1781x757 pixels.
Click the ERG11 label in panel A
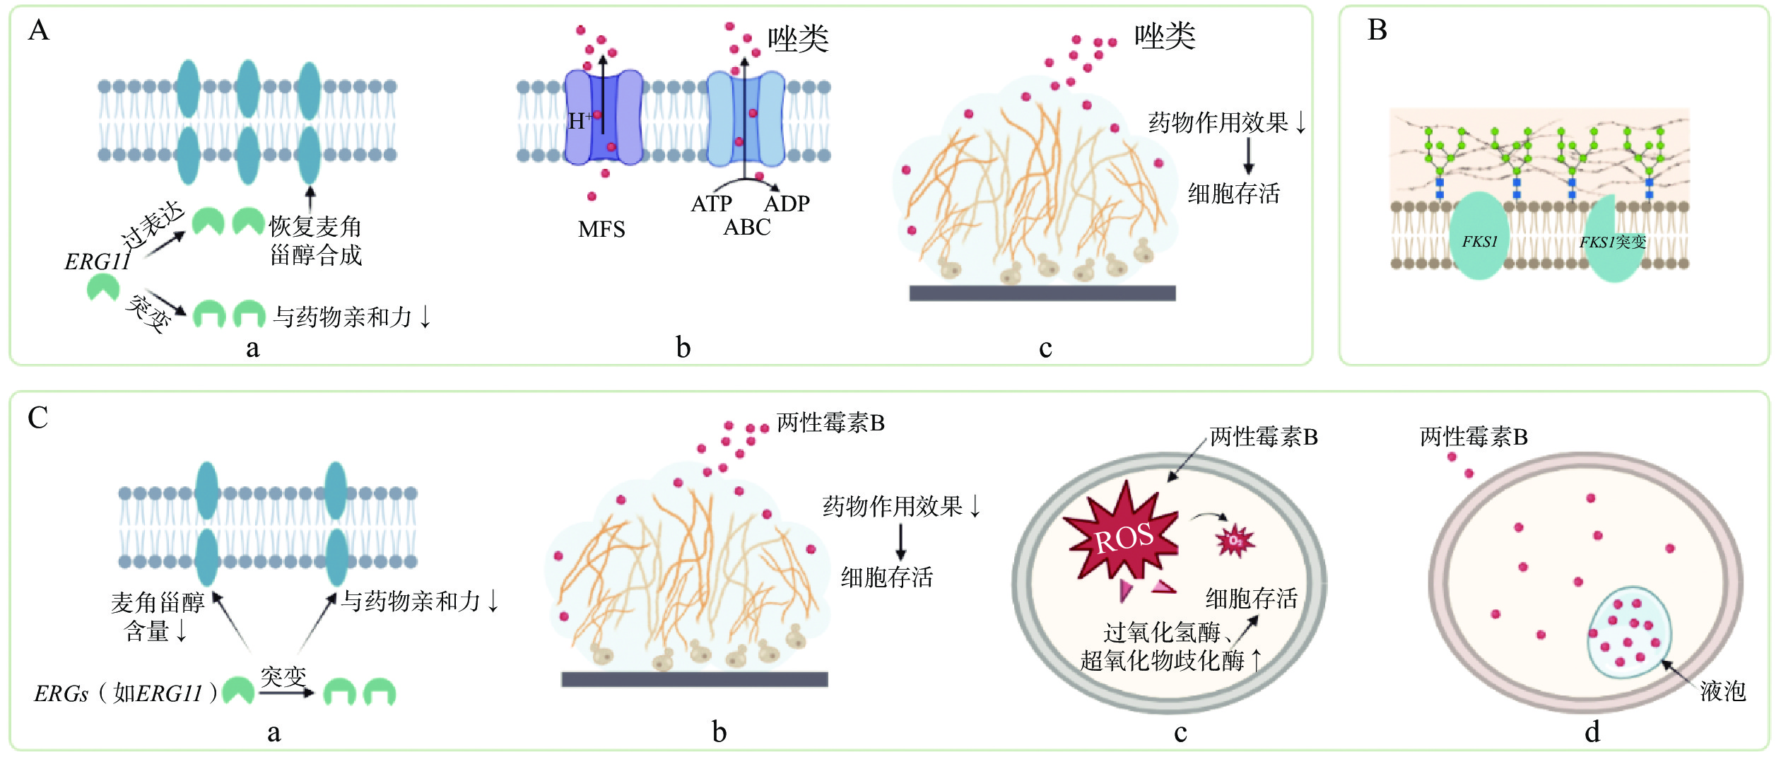pyautogui.click(x=98, y=262)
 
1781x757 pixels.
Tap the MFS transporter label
pyautogui.click(x=601, y=229)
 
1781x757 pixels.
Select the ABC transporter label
pyautogui.click(x=747, y=227)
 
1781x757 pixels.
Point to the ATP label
pyautogui.click(x=711, y=204)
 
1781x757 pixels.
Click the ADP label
pyautogui.click(x=787, y=204)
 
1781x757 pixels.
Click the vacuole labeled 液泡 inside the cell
pyautogui.click(x=1630, y=631)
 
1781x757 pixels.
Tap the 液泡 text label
pyautogui.click(x=1722, y=691)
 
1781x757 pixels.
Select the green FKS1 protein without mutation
pyautogui.click(x=1479, y=236)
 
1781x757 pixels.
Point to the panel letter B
pyautogui.click(x=1377, y=30)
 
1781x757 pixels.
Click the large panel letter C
pyautogui.click(x=38, y=418)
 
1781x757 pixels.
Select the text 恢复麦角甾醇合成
pyautogui.click(x=315, y=240)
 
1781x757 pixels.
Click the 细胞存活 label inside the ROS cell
pyautogui.click(x=1251, y=599)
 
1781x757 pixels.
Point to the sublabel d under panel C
pyautogui.click(x=1592, y=732)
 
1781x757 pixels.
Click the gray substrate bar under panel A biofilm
pyautogui.click(x=1042, y=293)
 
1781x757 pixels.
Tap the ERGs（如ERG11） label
pyautogui.click(x=126, y=693)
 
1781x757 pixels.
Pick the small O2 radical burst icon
pyautogui.click(x=1234, y=541)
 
